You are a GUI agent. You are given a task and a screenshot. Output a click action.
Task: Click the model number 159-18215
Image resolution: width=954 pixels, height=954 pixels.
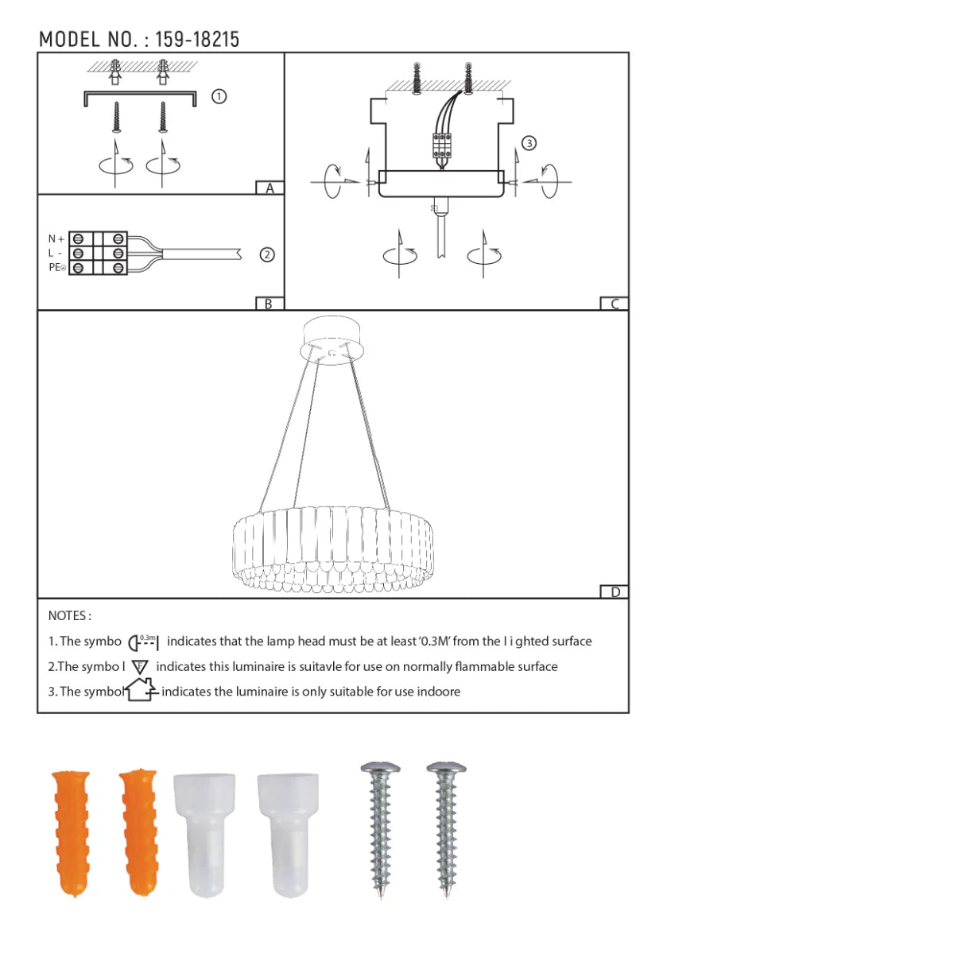coord(196,39)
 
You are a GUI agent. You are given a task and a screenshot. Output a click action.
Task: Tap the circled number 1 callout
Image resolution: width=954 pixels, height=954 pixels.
coord(219,96)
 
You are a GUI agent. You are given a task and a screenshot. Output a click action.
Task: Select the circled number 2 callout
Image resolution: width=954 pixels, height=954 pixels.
coord(267,254)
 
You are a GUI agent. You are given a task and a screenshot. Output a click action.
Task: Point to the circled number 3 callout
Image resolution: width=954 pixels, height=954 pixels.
coord(529,143)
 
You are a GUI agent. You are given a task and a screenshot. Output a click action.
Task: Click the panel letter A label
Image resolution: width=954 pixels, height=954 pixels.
coord(270,188)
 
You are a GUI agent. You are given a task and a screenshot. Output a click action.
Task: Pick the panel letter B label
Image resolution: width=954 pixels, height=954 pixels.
coord(269,304)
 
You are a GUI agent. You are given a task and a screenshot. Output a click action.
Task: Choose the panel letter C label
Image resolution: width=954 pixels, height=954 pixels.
coord(614,304)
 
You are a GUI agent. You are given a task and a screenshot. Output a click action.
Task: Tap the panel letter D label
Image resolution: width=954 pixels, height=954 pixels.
coord(615,591)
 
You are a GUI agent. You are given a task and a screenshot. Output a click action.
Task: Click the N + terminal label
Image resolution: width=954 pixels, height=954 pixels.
coord(56,238)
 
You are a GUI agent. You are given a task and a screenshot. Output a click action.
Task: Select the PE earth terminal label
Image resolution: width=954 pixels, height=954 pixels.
coord(56,268)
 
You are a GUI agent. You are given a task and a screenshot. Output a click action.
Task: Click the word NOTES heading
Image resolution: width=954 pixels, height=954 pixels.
coord(68,615)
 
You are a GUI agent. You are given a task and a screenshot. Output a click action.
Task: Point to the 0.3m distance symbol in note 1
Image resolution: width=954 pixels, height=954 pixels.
coord(144,642)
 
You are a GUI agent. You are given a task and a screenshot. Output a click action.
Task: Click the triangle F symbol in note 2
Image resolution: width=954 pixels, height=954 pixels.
coord(140,667)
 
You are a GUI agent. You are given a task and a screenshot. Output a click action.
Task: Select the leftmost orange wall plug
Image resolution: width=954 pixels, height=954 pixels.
coord(72,832)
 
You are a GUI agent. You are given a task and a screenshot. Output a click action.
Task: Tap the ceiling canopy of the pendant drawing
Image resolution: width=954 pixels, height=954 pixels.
coord(332,340)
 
